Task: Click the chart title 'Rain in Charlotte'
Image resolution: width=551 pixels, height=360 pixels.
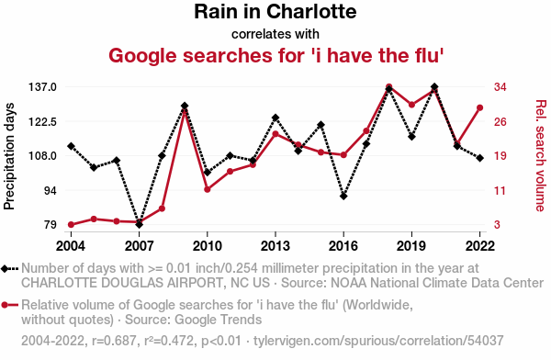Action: pyautogui.click(x=275, y=12)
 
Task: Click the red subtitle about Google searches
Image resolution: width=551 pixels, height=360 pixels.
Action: pyautogui.click(x=275, y=55)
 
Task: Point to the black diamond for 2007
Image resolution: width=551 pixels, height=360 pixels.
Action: pyautogui.click(x=140, y=224)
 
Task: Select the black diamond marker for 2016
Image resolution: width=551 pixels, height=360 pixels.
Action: pyautogui.click(x=343, y=197)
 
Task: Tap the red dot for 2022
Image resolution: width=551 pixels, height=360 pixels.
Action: pyautogui.click(x=479, y=108)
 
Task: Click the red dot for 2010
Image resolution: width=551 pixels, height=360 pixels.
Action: pyautogui.click(x=208, y=189)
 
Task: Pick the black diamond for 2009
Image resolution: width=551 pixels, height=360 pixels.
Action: pyautogui.click(x=185, y=106)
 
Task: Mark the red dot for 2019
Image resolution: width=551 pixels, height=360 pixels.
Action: pyautogui.click(x=411, y=105)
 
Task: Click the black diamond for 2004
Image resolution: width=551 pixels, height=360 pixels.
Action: pyautogui.click(x=71, y=146)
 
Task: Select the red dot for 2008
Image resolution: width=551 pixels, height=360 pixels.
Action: pyautogui.click(x=162, y=208)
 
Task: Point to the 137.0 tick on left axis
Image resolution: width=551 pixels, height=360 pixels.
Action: pyautogui.click(x=42, y=87)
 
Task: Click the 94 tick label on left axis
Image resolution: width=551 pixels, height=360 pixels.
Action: pyautogui.click(x=50, y=190)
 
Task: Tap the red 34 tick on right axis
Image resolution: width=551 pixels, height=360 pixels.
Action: pyautogui.click(x=500, y=87)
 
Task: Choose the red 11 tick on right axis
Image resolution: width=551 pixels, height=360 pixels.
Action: pyautogui.click(x=500, y=190)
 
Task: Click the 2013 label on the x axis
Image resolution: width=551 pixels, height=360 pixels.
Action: pyautogui.click(x=275, y=246)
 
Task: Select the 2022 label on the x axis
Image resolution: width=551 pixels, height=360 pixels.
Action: pyautogui.click(x=480, y=246)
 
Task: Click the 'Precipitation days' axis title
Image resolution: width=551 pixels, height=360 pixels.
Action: pyautogui.click(x=9, y=156)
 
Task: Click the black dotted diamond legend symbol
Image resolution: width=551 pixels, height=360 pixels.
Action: pyautogui.click(x=9, y=269)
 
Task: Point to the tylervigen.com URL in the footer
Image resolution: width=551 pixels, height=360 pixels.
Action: pyautogui.click(x=378, y=341)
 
